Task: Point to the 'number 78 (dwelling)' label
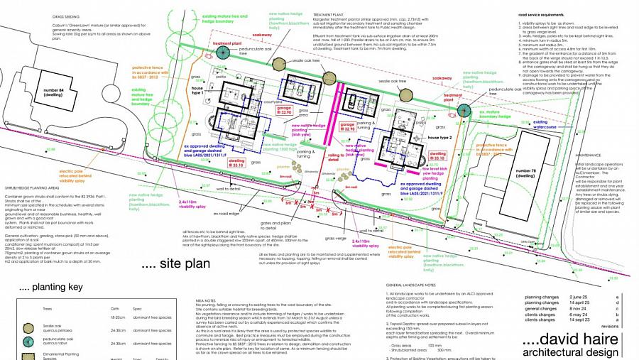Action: [x=525, y=174]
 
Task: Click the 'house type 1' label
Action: [x=197, y=92]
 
